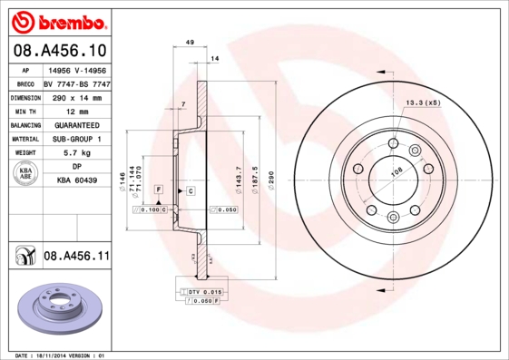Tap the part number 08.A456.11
(x=76, y=257)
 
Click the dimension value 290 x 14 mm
(x=76, y=95)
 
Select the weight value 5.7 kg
(x=76, y=153)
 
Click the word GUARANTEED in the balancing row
(x=76, y=124)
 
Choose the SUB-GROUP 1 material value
(x=76, y=139)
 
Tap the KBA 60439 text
(x=76, y=181)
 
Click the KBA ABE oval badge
(x=26, y=175)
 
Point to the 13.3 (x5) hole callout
(x=423, y=102)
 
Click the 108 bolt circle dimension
(x=396, y=170)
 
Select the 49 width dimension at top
(x=190, y=43)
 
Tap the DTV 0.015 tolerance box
(x=205, y=290)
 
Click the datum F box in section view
(x=159, y=189)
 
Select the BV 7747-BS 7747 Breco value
(x=76, y=82)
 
